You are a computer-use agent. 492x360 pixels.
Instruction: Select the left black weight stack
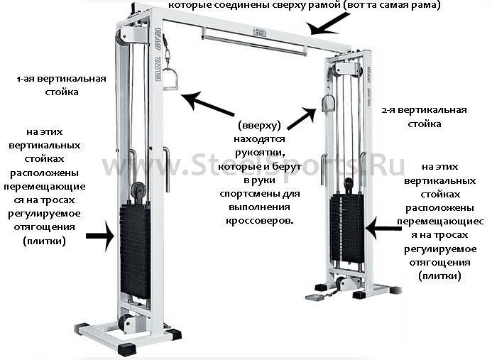tap(135, 251)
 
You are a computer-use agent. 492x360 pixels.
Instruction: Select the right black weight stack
tap(347, 228)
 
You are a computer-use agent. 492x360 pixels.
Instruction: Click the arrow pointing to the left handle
tap(208, 104)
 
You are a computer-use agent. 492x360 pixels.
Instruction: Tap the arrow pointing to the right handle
tap(301, 119)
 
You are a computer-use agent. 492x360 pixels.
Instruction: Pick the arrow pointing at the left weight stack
tap(100, 236)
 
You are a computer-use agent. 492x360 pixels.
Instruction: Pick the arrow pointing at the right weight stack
tap(383, 229)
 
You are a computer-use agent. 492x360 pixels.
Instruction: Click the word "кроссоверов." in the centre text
tap(260, 221)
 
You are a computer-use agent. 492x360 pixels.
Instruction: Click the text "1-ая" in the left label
tap(26, 79)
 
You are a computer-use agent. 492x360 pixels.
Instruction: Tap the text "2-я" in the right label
tap(390, 110)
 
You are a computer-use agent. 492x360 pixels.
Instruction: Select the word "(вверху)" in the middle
tap(259, 126)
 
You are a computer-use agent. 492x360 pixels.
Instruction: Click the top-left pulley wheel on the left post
tap(121, 38)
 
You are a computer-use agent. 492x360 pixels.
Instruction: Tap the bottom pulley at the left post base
tap(126, 323)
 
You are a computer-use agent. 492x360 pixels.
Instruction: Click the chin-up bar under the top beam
tap(254, 45)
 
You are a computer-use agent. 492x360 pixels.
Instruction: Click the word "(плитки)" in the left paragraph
tap(44, 241)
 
